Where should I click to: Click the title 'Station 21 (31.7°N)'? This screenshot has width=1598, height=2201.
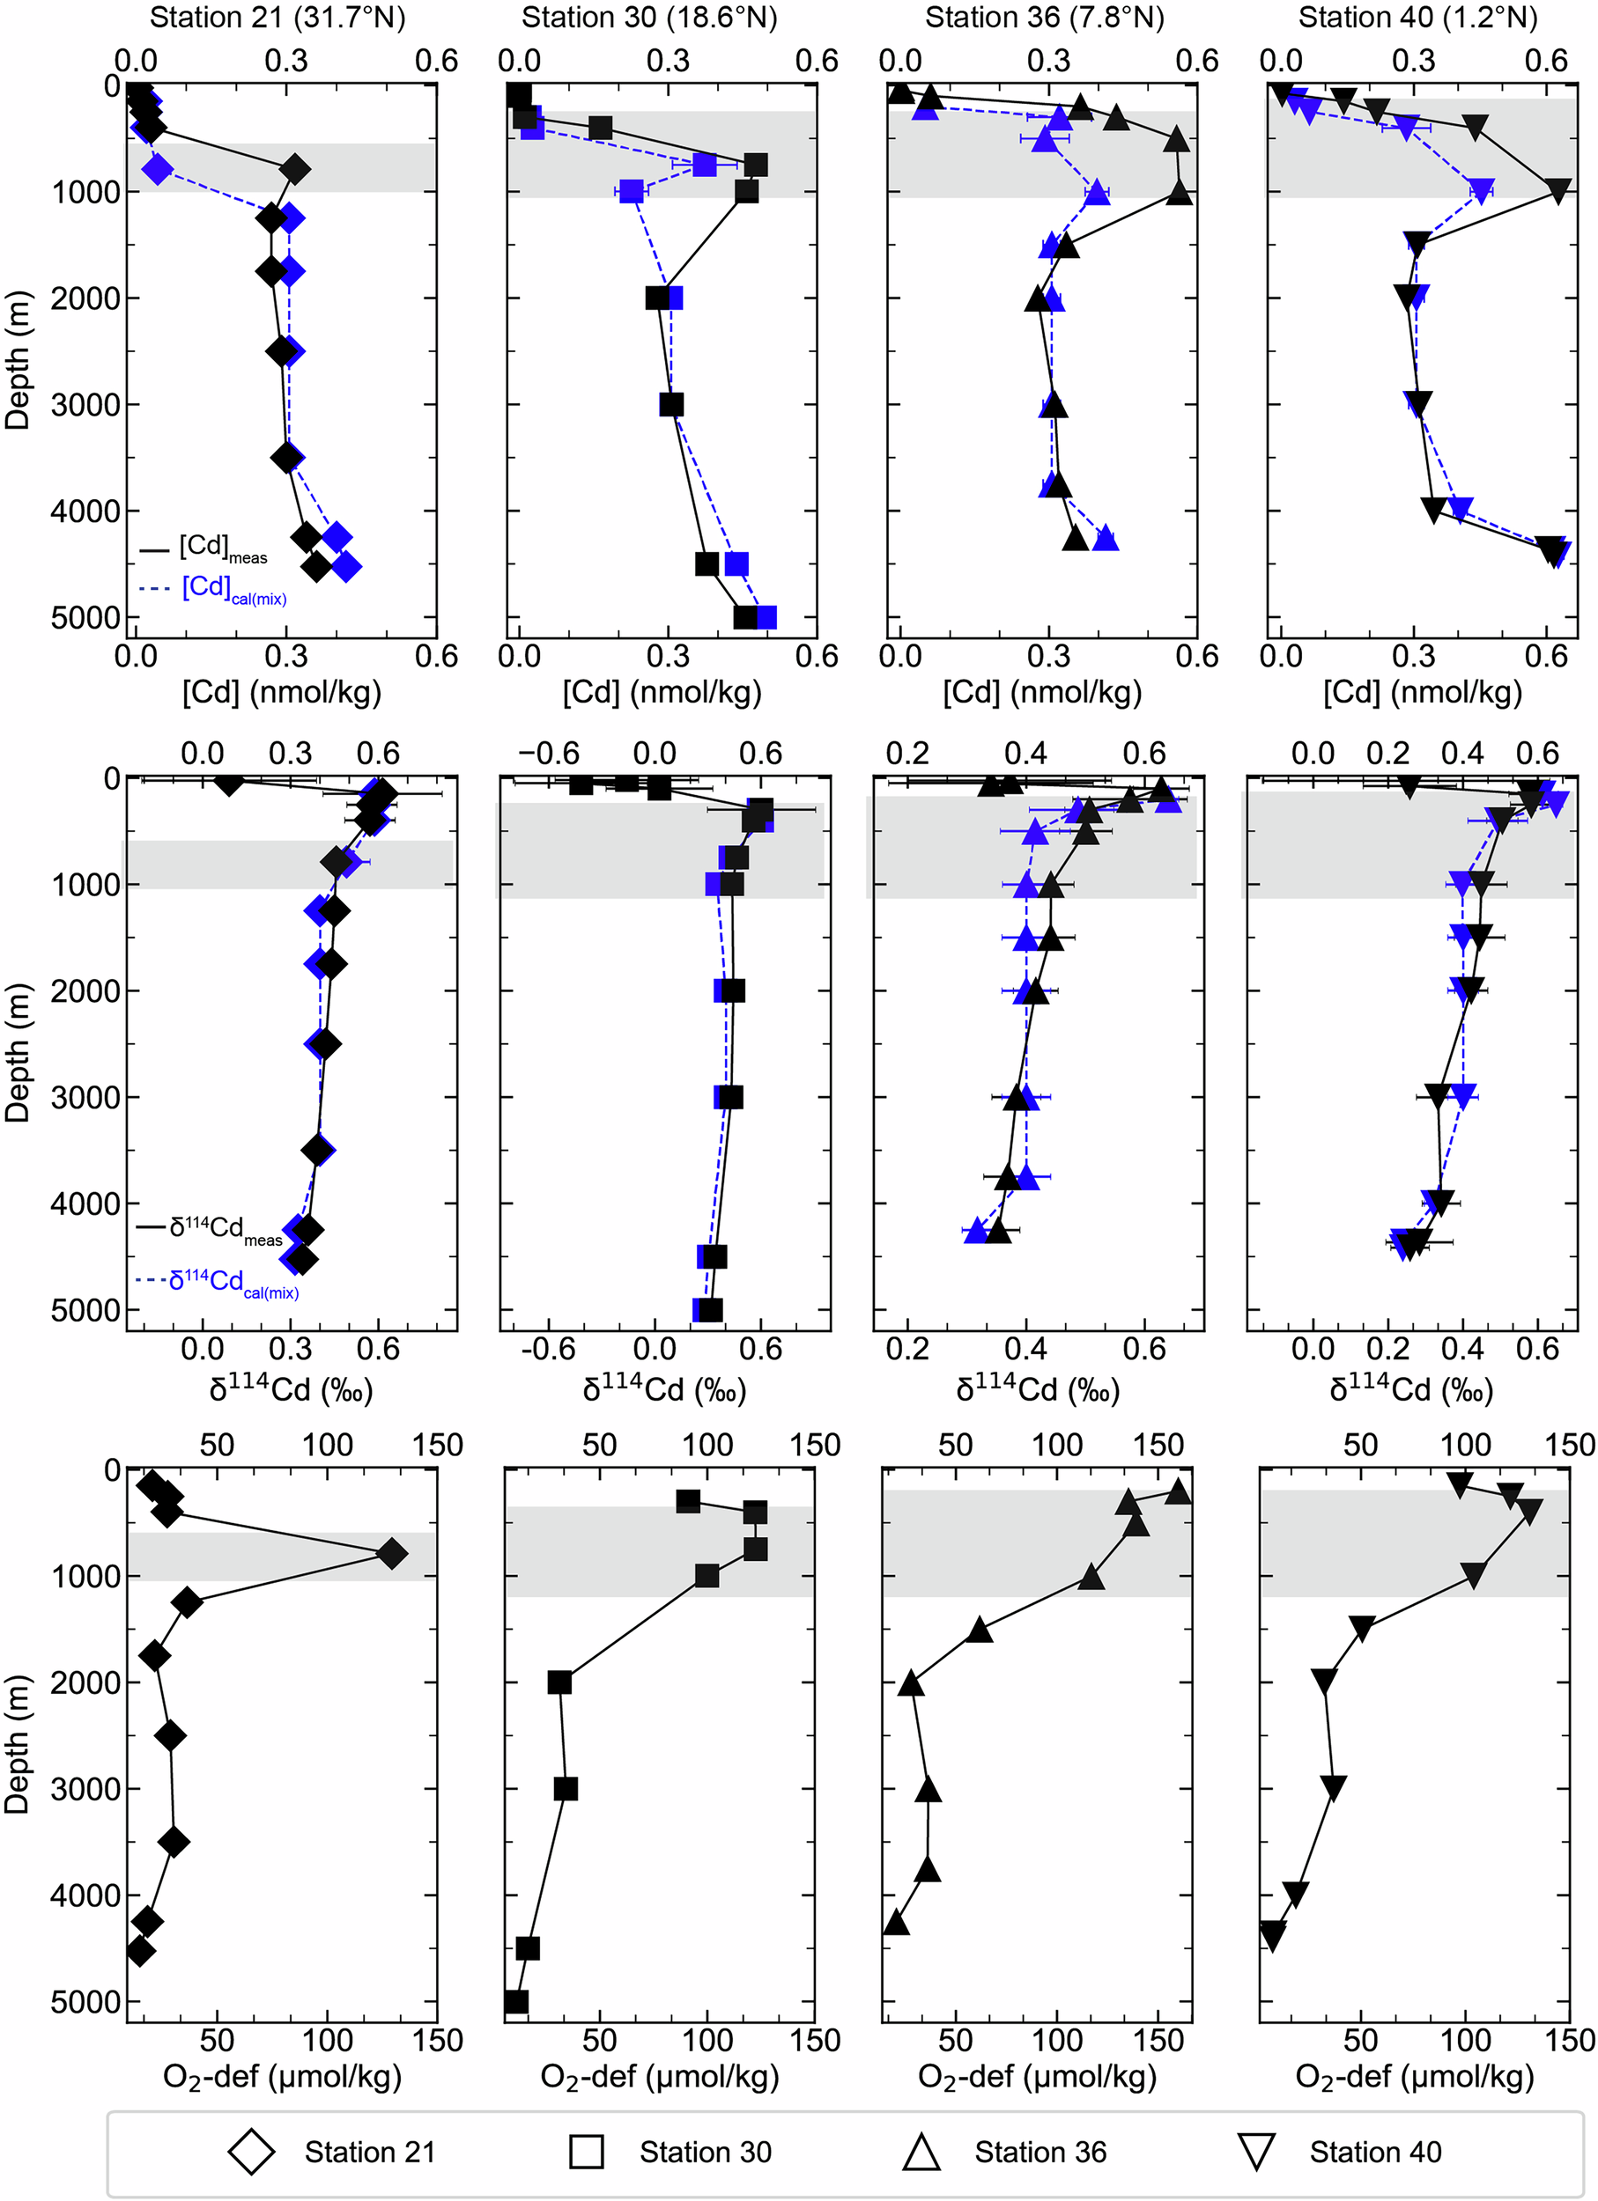pos(277,18)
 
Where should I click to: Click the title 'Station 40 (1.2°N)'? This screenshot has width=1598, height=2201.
pos(1417,18)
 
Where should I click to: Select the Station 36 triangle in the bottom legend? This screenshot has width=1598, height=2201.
pos(921,2152)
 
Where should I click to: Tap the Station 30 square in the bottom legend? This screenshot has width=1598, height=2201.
pos(587,2152)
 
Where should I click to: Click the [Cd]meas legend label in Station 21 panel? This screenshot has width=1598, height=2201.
pos(222,548)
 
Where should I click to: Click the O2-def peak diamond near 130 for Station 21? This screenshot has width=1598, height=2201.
pos(391,1554)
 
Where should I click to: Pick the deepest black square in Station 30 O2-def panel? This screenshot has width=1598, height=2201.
pos(516,2001)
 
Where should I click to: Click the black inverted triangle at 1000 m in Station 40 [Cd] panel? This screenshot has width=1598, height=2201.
pos(1557,191)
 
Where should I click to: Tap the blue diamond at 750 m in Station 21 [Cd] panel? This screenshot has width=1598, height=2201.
pos(159,170)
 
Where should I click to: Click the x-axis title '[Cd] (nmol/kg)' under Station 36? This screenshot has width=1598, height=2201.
pos(1042,692)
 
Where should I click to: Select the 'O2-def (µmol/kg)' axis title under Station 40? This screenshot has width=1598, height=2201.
pos(1415,2076)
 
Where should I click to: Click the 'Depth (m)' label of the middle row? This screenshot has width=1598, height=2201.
pos(18,1053)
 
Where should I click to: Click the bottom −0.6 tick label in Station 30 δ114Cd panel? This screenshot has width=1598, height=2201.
pos(549,1349)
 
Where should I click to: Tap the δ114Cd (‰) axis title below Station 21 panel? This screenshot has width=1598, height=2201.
pos(292,1389)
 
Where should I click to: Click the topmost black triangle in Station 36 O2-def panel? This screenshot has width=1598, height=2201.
pos(1178,1491)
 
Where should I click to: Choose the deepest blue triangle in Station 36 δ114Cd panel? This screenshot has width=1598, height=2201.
pos(977,1231)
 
